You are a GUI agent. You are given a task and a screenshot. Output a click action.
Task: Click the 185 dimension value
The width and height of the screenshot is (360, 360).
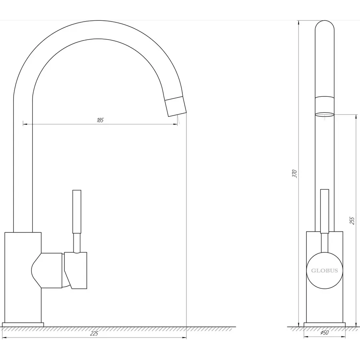(x=100, y=120)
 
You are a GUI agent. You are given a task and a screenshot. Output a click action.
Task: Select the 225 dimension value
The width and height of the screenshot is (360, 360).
(x=94, y=334)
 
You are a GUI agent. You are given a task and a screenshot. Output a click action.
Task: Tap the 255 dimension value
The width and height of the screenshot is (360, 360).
(x=352, y=220)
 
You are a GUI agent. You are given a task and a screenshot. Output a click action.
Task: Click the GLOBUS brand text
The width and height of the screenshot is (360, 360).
(x=324, y=270)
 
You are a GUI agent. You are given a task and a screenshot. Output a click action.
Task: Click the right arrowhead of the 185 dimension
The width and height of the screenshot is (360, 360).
(x=176, y=124)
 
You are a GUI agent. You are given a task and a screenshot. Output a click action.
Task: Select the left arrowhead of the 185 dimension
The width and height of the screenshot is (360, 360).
(x=25, y=124)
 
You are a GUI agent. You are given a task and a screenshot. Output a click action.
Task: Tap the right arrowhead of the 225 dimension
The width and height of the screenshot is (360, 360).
(x=184, y=338)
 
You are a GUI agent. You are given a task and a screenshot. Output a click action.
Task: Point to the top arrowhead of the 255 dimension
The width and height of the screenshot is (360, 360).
(x=356, y=116)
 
